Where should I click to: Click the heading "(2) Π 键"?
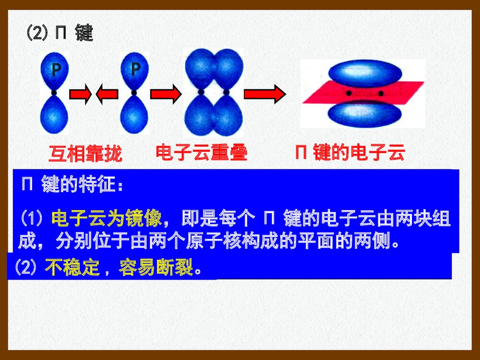[59, 34]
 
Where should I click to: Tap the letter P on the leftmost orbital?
[56, 70]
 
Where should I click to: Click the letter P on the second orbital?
[136, 69]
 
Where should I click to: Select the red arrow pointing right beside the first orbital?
[80, 95]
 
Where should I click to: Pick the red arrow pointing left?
[107, 95]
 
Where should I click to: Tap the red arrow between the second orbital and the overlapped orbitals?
[165, 94]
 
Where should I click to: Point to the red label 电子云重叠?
[201, 153]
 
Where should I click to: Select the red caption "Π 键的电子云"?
[350, 153]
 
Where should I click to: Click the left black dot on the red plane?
[349, 93]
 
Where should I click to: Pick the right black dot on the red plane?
[381, 93]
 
